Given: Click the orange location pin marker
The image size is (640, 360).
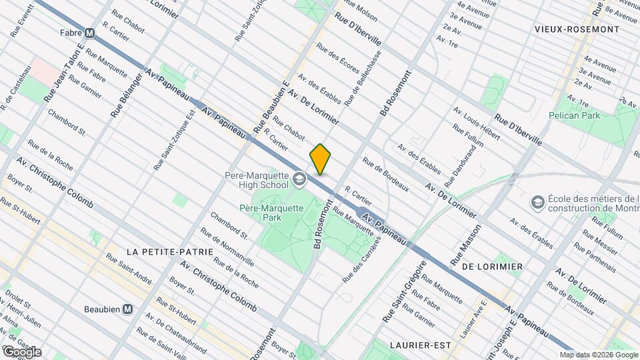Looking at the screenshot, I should point(321,159).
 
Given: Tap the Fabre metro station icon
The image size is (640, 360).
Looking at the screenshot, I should point(89,32).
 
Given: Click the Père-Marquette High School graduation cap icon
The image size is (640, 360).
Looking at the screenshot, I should point(299,179).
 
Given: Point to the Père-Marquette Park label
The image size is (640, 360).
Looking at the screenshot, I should point(272,213).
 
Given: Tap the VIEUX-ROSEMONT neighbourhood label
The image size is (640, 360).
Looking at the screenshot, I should point(577,29).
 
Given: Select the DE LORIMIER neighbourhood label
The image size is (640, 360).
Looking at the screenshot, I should point(492,266).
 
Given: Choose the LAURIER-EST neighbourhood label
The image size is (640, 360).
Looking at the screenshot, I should point(420,345).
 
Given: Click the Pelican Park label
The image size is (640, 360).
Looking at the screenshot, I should point(574,115).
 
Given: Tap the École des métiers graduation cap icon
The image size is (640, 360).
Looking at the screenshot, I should point(537,201).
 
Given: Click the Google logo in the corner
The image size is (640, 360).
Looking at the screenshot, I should point(21,351).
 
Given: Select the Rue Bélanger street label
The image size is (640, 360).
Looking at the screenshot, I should point(121,95).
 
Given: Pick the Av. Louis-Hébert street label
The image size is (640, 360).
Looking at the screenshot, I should point(476,123).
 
